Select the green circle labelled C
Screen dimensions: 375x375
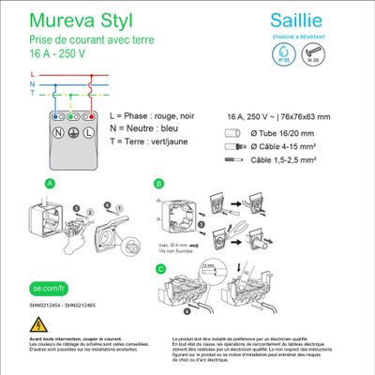(159, 269)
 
